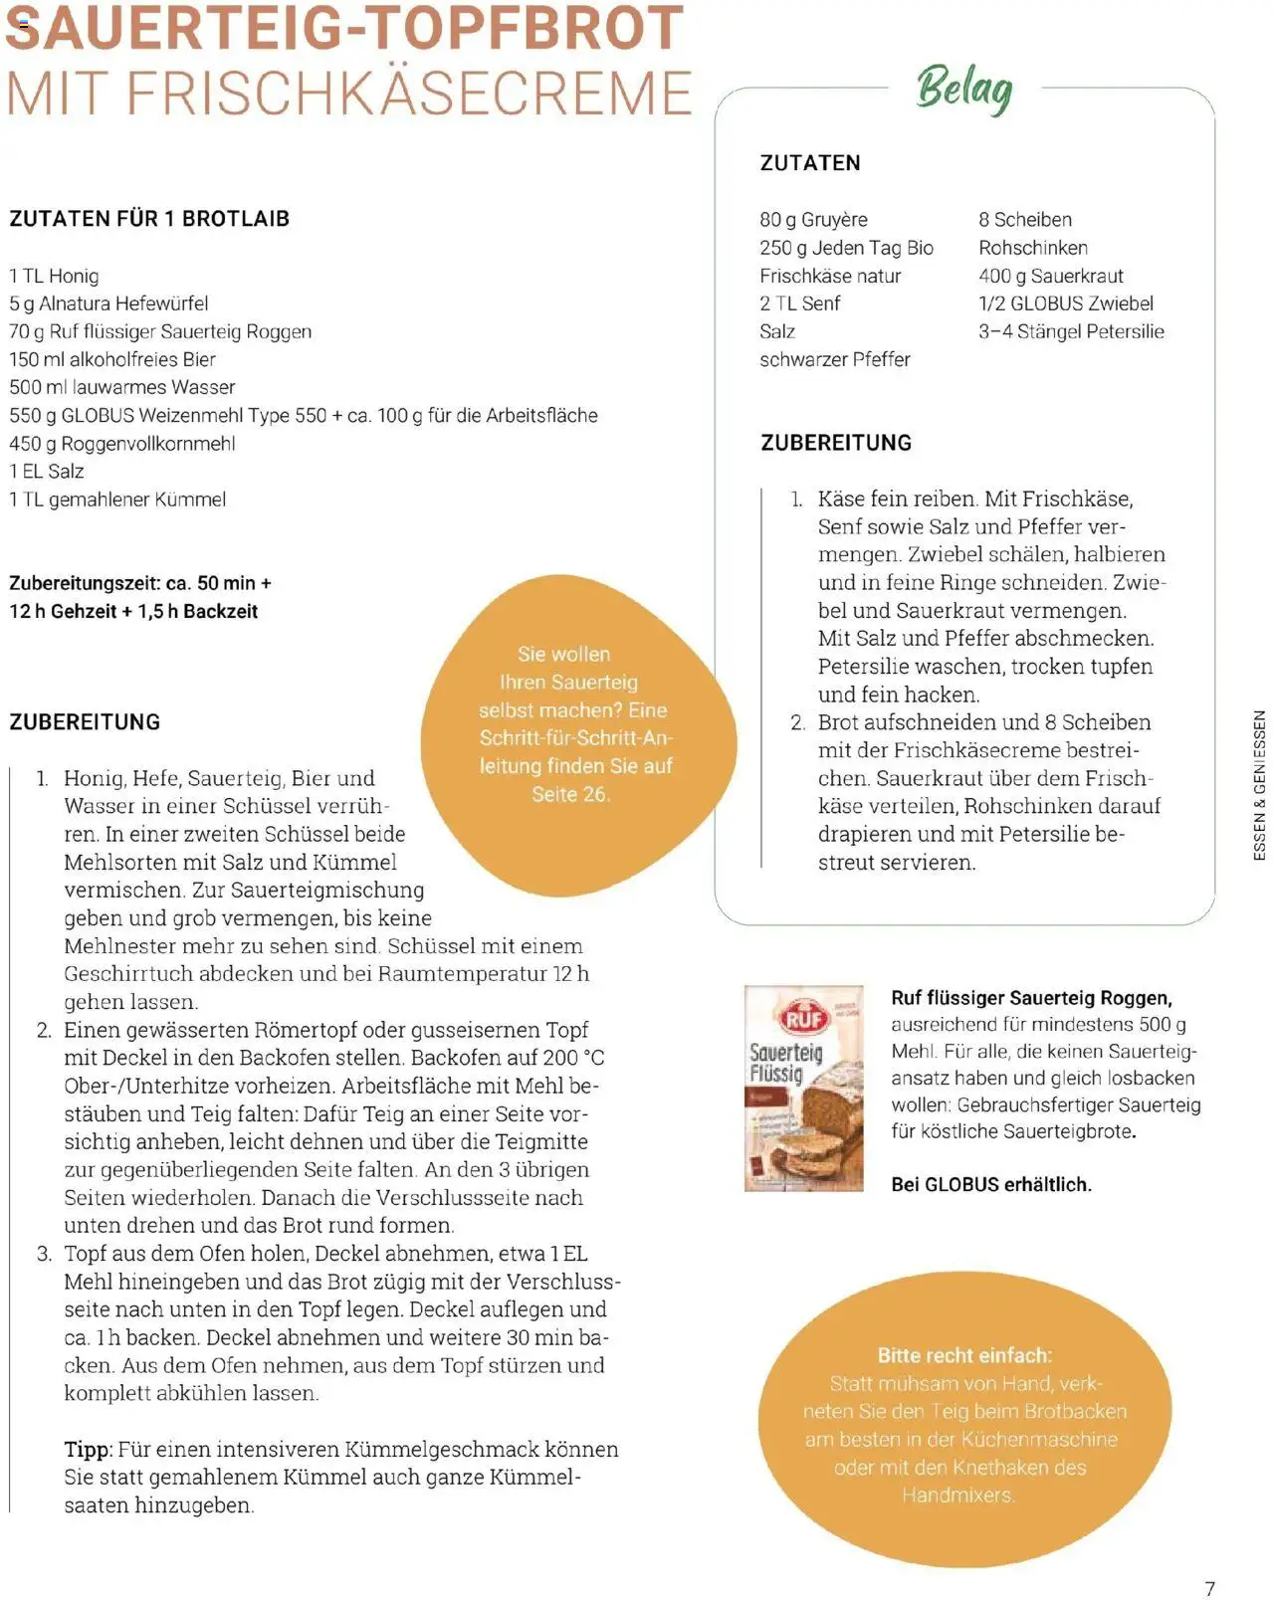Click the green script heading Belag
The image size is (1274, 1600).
coord(963,90)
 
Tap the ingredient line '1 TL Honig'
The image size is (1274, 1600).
coord(54,276)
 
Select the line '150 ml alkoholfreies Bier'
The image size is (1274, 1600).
coord(112,359)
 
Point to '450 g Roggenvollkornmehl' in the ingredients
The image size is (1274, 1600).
coord(122,444)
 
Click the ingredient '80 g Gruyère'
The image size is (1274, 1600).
coord(813,220)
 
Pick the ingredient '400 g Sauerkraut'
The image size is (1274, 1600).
coord(1050,276)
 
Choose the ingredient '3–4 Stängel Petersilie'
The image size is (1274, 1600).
coord(1070,331)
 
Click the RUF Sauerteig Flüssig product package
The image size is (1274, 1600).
coord(803,1088)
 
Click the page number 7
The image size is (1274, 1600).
coord(1209,1588)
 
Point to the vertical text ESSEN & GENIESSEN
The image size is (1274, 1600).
coord(1259,785)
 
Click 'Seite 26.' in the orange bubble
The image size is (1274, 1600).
coord(570,794)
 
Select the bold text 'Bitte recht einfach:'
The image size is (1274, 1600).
coord(963,1355)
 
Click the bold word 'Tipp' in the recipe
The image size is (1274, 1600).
coord(88,1450)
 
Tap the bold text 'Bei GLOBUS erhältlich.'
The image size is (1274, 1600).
coord(990,1184)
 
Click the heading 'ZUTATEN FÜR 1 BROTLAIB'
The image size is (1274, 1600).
coord(149,219)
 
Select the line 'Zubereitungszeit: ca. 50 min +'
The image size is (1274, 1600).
coord(140,583)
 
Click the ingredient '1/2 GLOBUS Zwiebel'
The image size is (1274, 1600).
coord(1065,303)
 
